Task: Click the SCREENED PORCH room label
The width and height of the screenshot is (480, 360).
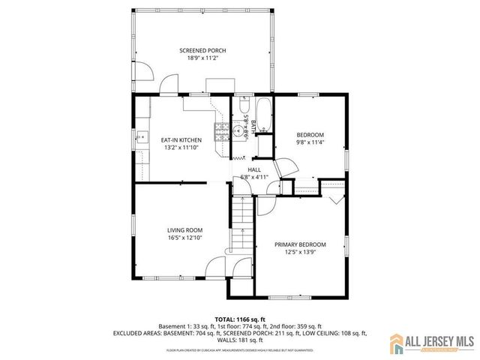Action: pyautogui.click(x=202, y=51)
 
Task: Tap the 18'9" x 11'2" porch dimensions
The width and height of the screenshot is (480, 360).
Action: pyautogui.click(x=202, y=58)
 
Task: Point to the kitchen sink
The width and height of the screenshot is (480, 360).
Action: pyautogui.click(x=141, y=137)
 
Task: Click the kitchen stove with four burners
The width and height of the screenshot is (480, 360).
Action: pyautogui.click(x=222, y=130)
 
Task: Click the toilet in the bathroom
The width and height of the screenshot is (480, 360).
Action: pyautogui.click(x=244, y=106)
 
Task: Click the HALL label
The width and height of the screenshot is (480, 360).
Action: pyautogui.click(x=254, y=170)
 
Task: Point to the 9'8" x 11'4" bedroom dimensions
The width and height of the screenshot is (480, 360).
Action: pyautogui.click(x=310, y=142)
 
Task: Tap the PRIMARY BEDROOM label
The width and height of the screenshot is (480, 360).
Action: pyautogui.click(x=300, y=244)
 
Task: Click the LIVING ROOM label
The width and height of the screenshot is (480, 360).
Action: pyautogui.click(x=184, y=230)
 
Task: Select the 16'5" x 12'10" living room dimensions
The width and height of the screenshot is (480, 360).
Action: pyautogui.click(x=184, y=238)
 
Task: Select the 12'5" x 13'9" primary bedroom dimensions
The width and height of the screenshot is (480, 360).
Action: pyautogui.click(x=300, y=252)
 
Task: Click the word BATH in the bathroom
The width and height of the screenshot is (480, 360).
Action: pyautogui.click(x=255, y=124)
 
